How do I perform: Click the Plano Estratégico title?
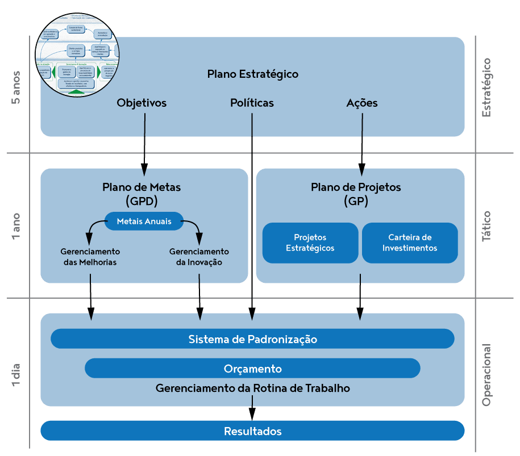point(252,74)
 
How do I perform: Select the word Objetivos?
point(142,103)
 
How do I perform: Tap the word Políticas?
point(252,103)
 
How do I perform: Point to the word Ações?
point(361,103)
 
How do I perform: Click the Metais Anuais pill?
point(144,221)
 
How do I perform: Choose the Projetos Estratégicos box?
point(310,242)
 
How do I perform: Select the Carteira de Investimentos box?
point(410,242)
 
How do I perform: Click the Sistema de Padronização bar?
point(252,339)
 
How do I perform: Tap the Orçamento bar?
point(252,369)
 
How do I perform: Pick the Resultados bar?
point(252,431)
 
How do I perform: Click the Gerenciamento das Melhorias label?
point(90,257)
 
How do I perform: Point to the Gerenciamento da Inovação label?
point(199,257)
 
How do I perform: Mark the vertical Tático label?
point(486,227)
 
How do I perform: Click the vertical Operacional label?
point(486,375)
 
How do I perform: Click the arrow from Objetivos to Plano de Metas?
point(144,142)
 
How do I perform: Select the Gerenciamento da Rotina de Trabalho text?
point(252,388)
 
